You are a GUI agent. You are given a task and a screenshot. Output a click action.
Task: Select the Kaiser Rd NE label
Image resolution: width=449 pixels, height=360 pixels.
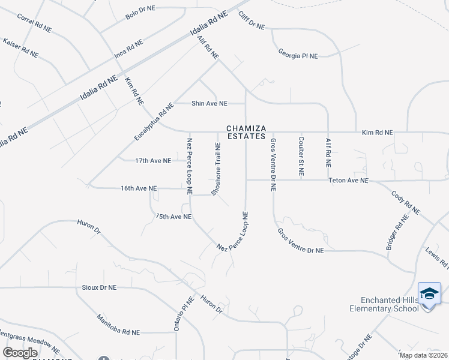point(20,48)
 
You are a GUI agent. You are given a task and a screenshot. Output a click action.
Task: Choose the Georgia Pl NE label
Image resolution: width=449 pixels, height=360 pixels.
point(298,55)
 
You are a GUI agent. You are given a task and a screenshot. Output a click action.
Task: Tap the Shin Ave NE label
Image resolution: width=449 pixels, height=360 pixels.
point(209,103)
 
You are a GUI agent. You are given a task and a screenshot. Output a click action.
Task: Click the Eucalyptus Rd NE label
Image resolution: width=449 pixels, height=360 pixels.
point(154,122)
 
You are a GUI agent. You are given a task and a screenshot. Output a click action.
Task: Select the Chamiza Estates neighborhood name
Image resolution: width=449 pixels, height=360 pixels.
point(246,132)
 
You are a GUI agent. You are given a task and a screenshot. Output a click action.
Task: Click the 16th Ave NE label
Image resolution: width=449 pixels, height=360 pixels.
point(139,188)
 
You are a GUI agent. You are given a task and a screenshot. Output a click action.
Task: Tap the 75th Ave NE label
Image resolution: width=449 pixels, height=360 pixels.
point(173,216)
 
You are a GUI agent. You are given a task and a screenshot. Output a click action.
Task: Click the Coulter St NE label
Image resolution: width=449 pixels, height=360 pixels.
point(301,156)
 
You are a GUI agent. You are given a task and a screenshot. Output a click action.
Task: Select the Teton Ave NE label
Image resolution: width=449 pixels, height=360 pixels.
point(348,180)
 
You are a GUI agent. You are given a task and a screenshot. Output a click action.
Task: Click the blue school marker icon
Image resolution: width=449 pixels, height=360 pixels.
point(429,295)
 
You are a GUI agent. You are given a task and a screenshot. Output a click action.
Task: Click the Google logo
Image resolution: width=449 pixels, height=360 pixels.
point(21,352)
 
